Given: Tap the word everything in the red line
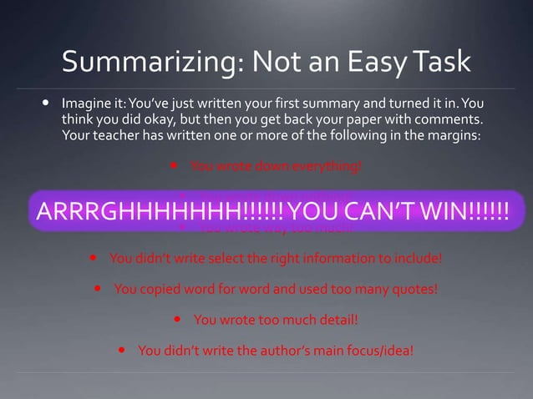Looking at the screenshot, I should point(327,164).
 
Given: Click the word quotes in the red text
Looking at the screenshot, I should point(414,289).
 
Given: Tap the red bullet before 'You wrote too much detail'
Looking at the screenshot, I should point(179,320).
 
